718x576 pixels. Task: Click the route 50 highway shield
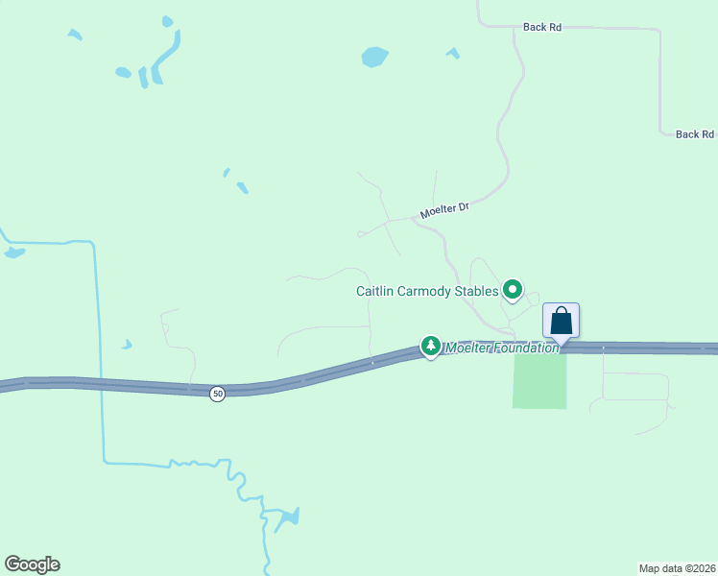point(218,394)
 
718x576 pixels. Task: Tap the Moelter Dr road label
point(443,209)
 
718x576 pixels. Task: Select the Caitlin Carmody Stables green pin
point(513,289)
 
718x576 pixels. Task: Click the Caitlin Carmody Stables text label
point(427,291)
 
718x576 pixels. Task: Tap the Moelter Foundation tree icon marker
point(431,346)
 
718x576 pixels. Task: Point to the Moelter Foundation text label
point(501,348)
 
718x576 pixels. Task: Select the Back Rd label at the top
point(542,27)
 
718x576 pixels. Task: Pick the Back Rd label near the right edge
point(694,134)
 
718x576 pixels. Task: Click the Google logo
point(32,564)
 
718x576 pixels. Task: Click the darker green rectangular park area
point(539,380)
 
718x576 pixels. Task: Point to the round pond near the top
point(375,57)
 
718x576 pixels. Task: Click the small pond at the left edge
point(14,252)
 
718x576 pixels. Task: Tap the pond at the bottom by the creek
point(285,519)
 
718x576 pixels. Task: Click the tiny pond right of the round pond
point(453,53)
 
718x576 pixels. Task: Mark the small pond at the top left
point(75,36)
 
